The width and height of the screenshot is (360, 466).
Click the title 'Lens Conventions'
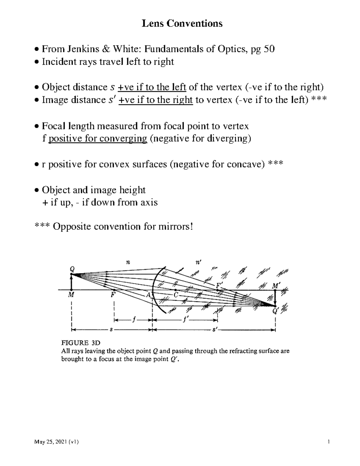(182, 23)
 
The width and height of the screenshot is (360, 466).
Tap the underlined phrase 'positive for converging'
(97, 139)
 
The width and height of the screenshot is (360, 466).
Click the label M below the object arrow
(71, 295)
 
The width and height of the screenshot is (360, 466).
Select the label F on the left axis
(113, 295)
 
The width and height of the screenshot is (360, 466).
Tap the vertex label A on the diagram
(148, 295)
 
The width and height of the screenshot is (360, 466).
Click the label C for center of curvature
(176, 295)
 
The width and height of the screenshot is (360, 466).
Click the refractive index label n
(128, 262)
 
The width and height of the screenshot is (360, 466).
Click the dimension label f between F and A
(134, 320)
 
